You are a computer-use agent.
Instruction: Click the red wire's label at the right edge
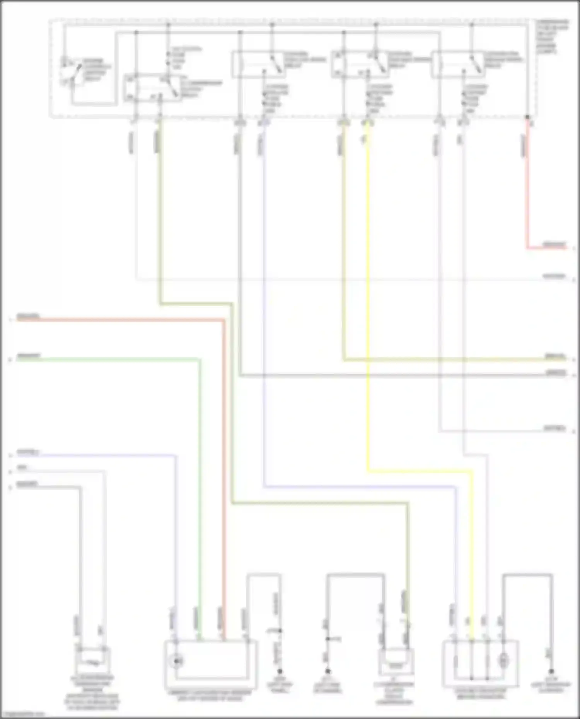[x=554, y=244]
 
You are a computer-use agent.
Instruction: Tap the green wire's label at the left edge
[x=28, y=356]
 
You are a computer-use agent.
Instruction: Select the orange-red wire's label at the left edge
[x=28, y=317]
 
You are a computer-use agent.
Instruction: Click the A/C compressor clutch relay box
[x=153, y=88]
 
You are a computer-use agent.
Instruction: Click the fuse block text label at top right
[x=552, y=37]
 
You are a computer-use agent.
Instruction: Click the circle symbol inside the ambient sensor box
[x=177, y=661]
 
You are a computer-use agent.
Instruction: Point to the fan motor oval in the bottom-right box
[x=503, y=661]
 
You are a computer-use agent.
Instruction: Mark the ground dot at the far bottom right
[x=551, y=672]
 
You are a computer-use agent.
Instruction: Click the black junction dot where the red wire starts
[x=527, y=117]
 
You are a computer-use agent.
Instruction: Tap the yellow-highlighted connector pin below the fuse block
[x=367, y=123]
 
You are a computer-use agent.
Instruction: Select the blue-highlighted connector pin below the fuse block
[x=264, y=123]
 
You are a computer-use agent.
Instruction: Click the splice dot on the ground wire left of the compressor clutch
[x=328, y=639]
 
